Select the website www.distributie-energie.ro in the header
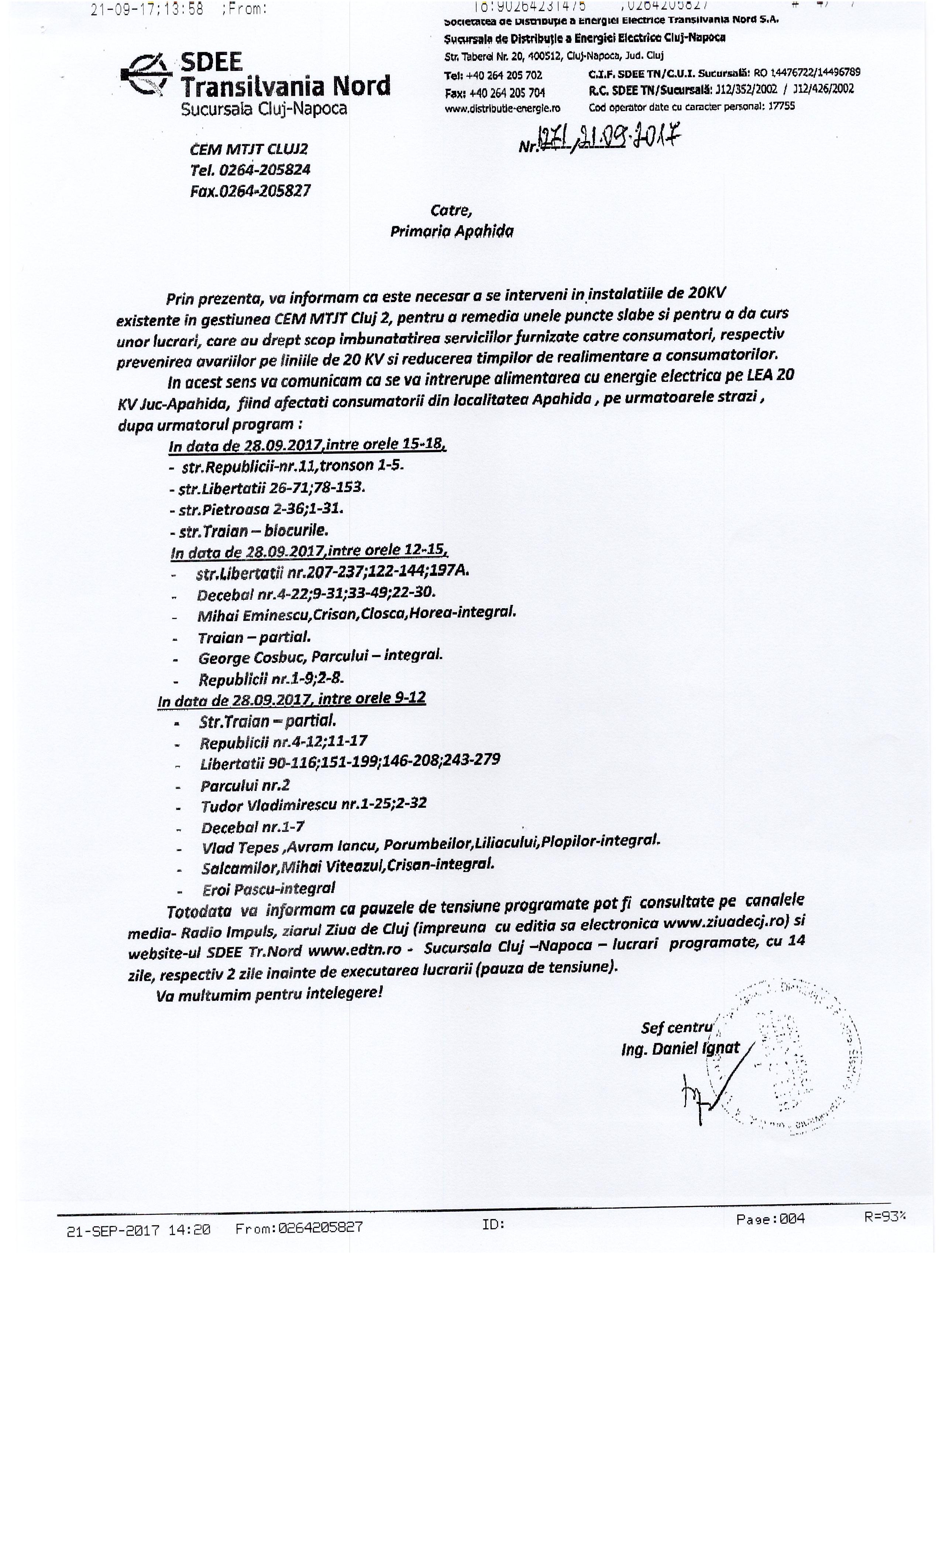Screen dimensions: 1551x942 tap(502, 108)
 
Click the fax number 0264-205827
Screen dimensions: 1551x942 tap(250, 191)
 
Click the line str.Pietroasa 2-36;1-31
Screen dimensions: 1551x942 tap(257, 509)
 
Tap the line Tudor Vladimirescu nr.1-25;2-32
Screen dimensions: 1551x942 tap(313, 804)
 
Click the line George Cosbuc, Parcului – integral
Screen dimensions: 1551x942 tap(320, 657)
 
